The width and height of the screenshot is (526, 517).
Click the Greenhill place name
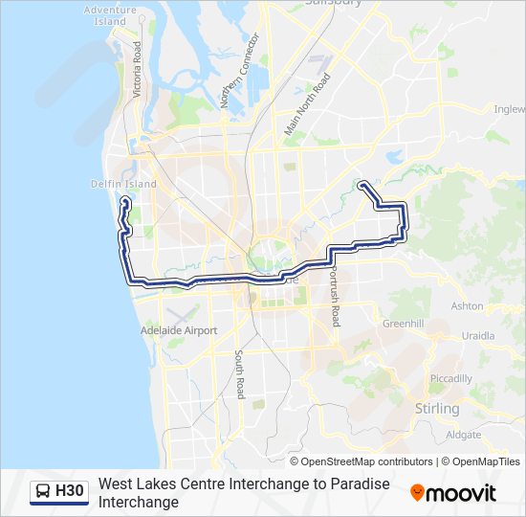tap(402, 324)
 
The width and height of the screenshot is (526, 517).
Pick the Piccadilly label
tap(450, 378)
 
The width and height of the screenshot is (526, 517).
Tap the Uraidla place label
tap(477, 336)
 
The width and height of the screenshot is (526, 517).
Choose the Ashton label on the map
tap(467, 306)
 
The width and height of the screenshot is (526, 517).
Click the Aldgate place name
tap(463, 434)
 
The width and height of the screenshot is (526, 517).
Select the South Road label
tap(240, 374)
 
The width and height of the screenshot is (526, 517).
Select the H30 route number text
tap(70, 492)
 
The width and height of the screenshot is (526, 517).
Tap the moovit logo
tap(453, 493)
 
